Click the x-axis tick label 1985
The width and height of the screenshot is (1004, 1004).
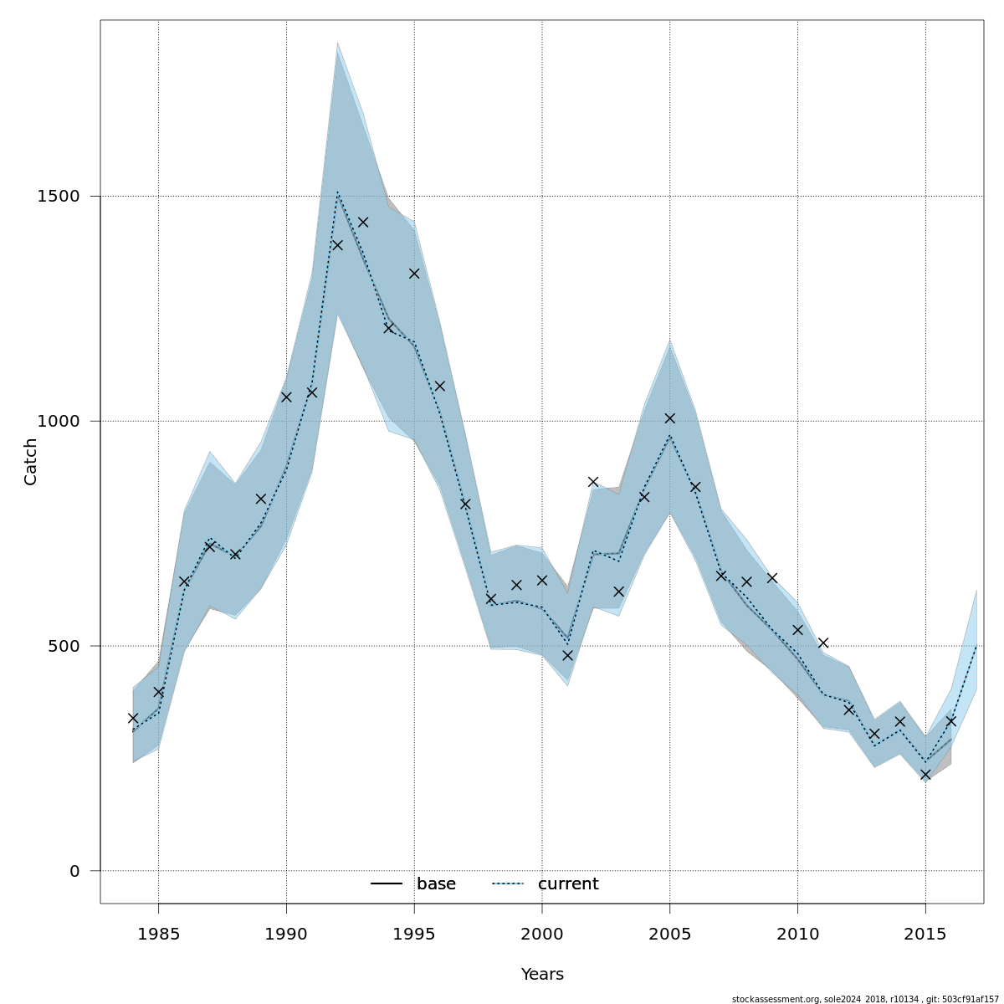point(158,933)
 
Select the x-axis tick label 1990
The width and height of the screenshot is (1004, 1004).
point(286,933)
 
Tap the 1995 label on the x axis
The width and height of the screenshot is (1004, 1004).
point(414,933)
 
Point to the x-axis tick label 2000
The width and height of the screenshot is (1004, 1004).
point(542,933)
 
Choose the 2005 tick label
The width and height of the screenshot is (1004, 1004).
point(669,933)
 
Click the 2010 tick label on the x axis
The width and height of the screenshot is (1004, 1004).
point(797,933)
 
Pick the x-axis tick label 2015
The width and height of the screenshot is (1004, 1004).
point(925,933)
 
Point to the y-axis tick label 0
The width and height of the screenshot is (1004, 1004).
point(74,871)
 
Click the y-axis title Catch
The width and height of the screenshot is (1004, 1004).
point(31,461)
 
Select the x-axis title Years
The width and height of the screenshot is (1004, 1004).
point(542,975)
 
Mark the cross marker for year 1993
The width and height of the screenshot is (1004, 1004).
point(363,222)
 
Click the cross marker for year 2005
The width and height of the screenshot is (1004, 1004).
point(669,418)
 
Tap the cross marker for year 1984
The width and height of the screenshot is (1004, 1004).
point(133,718)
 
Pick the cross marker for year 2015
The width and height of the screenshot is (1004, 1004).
point(925,775)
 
